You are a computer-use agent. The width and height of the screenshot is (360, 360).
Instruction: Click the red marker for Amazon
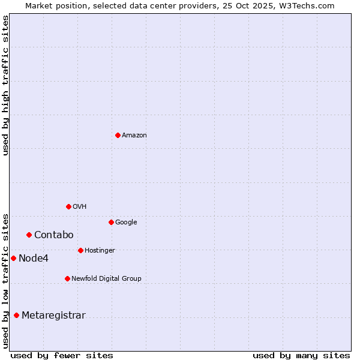point(118,135)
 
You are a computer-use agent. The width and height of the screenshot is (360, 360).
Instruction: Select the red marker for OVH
point(68,206)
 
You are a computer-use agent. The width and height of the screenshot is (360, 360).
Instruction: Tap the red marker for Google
point(111,222)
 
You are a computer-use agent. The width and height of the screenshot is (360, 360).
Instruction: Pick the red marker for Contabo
point(29,235)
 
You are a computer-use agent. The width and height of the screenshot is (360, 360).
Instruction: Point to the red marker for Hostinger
point(80,250)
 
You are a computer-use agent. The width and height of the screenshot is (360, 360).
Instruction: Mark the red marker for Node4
point(13,258)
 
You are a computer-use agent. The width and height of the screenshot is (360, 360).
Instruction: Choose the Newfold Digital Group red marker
point(67,278)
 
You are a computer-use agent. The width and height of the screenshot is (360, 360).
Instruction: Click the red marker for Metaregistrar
point(16,315)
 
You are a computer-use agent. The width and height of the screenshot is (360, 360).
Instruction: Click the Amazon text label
point(134,136)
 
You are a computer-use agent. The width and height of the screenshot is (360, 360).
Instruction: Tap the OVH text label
point(80,207)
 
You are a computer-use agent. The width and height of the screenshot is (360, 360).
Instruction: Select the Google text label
point(126,223)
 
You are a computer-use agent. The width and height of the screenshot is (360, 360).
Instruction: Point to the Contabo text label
point(54,235)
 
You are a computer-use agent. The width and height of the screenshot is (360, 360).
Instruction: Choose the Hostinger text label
point(100,251)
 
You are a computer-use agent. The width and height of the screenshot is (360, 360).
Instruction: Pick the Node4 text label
point(34,259)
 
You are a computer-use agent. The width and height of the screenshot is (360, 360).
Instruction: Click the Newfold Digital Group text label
point(107,279)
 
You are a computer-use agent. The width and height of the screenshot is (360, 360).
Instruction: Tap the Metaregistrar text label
point(53,316)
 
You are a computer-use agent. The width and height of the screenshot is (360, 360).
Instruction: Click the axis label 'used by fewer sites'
point(62,355)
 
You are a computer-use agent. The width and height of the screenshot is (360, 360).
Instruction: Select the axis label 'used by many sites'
point(301,355)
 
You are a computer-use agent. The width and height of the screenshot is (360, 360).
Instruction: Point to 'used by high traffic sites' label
point(5,85)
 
